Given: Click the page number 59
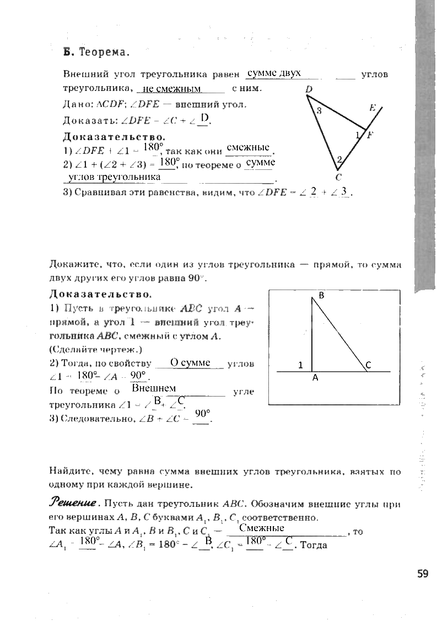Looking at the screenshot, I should tap(422, 574).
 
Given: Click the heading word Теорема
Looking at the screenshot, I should tap(105, 53).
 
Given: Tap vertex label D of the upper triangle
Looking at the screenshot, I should tap(309, 89).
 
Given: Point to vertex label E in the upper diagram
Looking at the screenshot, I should tap(373, 108).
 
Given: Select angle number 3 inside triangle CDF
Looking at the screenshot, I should tap(319, 111).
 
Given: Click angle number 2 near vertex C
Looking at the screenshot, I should tap(339, 159).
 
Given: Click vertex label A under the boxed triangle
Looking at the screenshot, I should tap(315, 378).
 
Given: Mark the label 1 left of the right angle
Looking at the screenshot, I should tap(301, 365).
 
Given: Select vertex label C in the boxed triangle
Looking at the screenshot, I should tap(368, 365).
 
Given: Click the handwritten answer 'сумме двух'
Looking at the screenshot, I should tap(274, 73).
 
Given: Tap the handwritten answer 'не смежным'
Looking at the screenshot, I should tap(171, 89).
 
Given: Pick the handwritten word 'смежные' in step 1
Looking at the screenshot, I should tap(249, 147).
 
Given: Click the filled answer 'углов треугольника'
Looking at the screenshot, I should tap(114, 177).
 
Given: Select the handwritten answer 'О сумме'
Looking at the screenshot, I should tap(190, 362).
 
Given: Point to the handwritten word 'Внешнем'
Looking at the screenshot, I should tap(154, 389).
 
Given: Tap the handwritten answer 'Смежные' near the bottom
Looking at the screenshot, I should tap(262, 528).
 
